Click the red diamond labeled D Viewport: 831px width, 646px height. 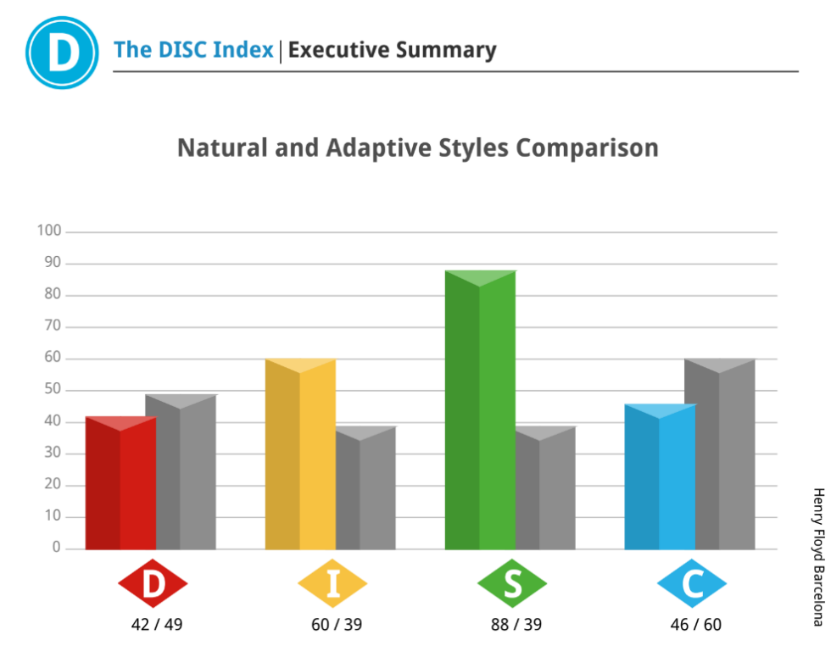point(153,584)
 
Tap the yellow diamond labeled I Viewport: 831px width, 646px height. point(332,584)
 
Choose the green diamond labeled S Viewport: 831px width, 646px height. point(512,584)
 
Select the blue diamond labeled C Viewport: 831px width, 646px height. point(692,584)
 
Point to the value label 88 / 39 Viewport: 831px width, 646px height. point(516,625)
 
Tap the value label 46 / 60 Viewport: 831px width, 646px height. point(694,625)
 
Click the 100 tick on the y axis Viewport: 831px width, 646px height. point(49,231)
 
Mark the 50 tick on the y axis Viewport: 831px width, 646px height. point(52,390)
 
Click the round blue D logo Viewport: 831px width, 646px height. point(62,52)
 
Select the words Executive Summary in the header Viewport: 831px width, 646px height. point(392,50)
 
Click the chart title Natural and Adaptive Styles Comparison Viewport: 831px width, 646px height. point(417,148)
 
